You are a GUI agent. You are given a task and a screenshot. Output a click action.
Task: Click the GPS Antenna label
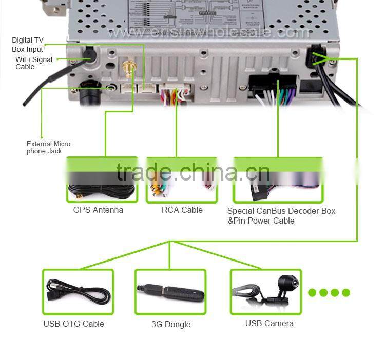pos(98,210)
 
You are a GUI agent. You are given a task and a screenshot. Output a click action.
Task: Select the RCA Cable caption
pos(182,210)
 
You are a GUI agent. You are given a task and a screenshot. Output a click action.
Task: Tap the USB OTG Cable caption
pos(73,324)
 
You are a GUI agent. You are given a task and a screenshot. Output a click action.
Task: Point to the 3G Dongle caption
pos(171,324)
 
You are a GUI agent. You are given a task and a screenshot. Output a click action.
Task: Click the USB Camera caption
pos(269,323)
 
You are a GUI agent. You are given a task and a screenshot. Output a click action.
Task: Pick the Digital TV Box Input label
pos(28,45)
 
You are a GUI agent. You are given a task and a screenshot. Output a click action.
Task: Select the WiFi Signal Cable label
pos(33,63)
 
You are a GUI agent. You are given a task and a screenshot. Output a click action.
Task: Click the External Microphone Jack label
pos(48,147)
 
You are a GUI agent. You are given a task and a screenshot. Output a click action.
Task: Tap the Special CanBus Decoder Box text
pos(281,211)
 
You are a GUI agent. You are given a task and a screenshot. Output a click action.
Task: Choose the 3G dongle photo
pos(170,292)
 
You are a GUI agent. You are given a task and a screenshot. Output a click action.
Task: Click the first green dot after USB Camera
pos(312,293)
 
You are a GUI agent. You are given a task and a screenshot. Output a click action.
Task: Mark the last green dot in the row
pos(346,293)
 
